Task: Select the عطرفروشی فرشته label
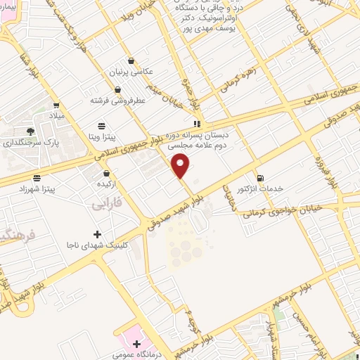[117, 101]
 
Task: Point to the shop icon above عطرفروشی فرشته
[117, 89]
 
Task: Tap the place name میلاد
[56, 114]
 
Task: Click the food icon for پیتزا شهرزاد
[37, 178]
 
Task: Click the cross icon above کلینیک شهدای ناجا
[97, 233]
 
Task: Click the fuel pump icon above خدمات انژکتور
[260, 177]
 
